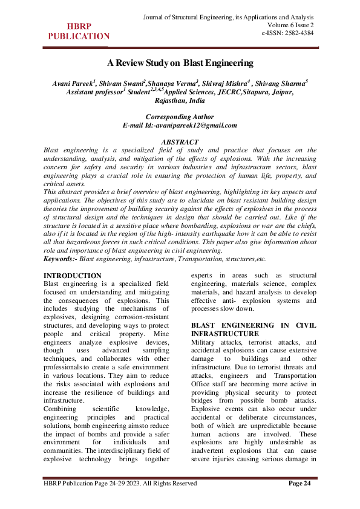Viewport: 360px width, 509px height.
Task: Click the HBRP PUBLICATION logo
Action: [78, 31]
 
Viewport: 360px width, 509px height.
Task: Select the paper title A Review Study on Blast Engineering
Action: [180, 62]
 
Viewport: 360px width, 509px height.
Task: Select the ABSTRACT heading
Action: [180, 141]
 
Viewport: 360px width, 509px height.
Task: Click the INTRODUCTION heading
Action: [73, 276]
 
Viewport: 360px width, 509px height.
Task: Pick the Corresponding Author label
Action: [180, 117]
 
